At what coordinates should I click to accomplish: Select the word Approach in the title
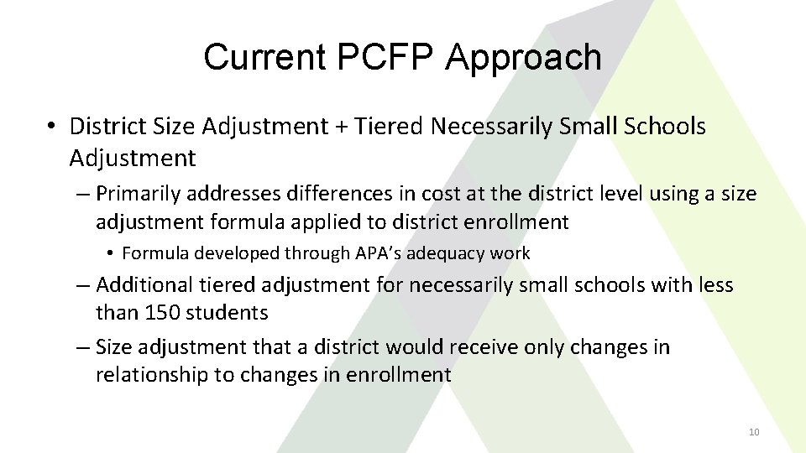point(524,58)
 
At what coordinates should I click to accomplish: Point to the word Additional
point(147,285)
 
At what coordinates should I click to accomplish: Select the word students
point(228,313)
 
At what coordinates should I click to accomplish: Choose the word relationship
point(151,374)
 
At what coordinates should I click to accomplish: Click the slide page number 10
point(753,432)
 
